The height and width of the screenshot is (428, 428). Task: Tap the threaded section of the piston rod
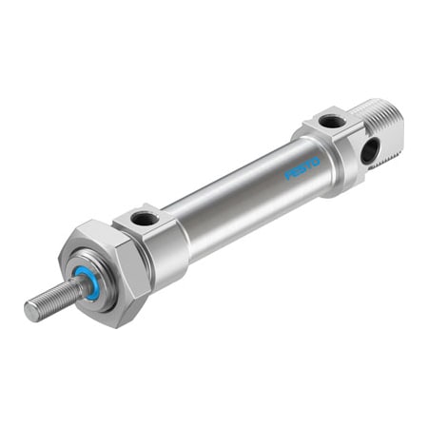click(52, 297)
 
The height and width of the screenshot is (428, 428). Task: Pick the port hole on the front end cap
click(144, 218)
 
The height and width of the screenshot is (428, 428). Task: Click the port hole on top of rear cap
click(329, 121)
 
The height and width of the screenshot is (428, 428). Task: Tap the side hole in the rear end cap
click(369, 149)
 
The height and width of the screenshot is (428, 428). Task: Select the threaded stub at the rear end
click(386, 124)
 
